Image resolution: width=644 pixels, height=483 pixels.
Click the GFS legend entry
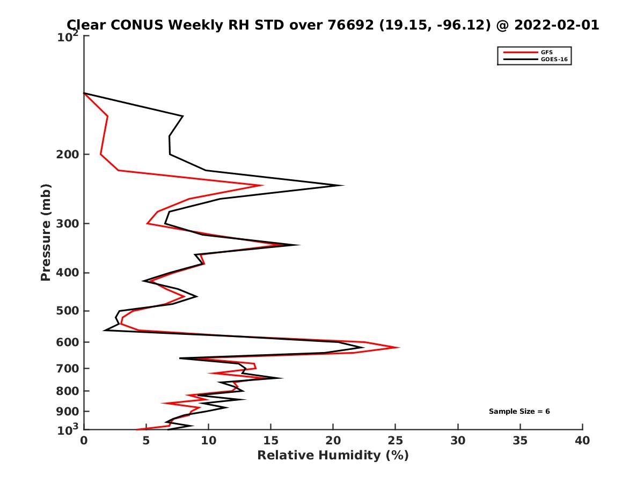click(547, 52)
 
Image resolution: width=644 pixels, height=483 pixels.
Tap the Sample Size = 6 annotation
click(519, 412)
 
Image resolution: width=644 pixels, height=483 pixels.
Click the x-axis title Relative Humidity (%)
click(333, 456)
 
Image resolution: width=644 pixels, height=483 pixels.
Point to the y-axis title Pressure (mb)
click(46, 232)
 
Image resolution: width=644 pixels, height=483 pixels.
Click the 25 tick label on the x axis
click(396, 441)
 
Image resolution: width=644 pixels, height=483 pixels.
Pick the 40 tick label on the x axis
click(582, 441)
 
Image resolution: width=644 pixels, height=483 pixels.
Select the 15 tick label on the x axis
click(271, 441)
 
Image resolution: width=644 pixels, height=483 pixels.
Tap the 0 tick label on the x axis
click(84, 441)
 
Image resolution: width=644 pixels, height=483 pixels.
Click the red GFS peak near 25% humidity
click(399, 348)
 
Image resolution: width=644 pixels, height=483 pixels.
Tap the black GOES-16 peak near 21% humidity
click(343, 186)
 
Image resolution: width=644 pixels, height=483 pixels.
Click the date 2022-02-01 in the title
click(555, 25)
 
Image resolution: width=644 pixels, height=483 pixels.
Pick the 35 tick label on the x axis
click(520, 441)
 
